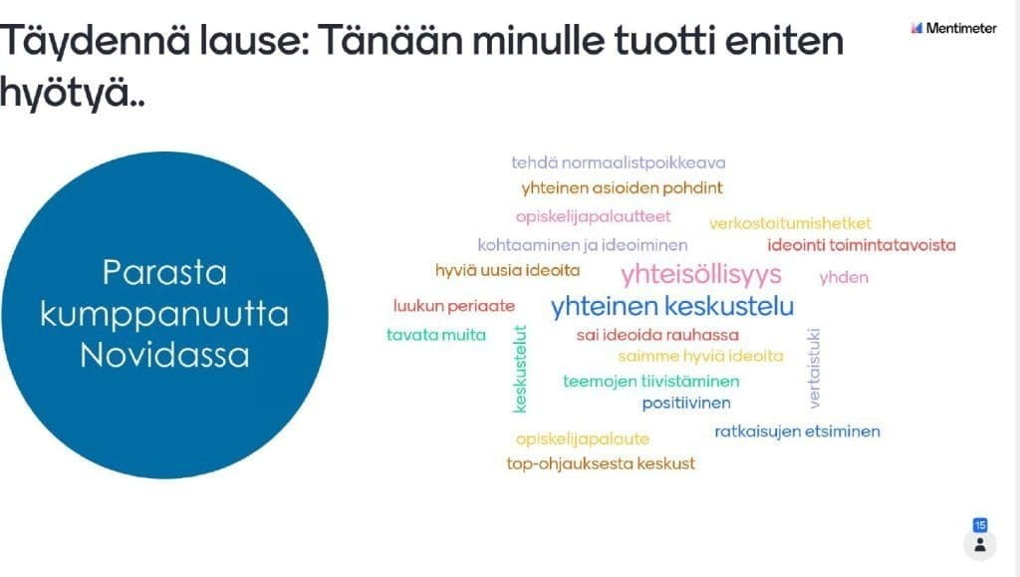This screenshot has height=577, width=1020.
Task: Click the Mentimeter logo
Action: pyautogui.click(x=953, y=28)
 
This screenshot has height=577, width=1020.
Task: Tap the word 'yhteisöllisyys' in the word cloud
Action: pyautogui.click(x=701, y=275)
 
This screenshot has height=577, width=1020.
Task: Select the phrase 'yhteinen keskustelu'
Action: pyautogui.click(x=672, y=306)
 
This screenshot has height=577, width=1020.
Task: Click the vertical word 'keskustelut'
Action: pyautogui.click(x=520, y=369)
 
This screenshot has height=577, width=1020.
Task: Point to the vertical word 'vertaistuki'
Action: pyautogui.click(x=814, y=368)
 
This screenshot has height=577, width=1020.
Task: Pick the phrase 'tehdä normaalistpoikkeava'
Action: pyautogui.click(x=618, y=162)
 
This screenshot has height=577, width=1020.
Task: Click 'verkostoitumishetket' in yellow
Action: pyautogui.click(x=790, y=224)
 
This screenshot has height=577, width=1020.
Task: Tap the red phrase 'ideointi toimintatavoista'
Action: pyautogui.click(x=862, y=245)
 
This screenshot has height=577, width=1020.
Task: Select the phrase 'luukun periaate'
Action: pyautogui.click(x=454, y=306)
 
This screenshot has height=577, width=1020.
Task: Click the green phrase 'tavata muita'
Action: pyautogui.click(x=436, y=335)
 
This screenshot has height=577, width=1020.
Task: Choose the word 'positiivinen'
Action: pyautogui.click(x=686, y=404)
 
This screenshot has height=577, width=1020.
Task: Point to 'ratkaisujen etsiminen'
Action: pyautogui.click(x=797, y=432)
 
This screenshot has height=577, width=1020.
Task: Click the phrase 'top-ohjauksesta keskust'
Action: pyautogui.click(x=601, y=463)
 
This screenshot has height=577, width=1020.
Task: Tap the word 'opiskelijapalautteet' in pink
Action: pyautogui.click(x=593, y=216)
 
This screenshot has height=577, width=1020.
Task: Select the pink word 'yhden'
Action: pyautogui.click(x=844, y=278)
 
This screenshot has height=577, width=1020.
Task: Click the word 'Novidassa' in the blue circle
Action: pyautogui.click(x=164, y=356)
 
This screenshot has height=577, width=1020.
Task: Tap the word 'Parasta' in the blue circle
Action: pyautogui.click(x=164, y=273)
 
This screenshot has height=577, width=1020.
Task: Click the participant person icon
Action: pyautogui.click(x=980, y=545)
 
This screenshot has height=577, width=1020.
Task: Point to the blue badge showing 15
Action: pyautogui.click(x=980, y=525)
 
